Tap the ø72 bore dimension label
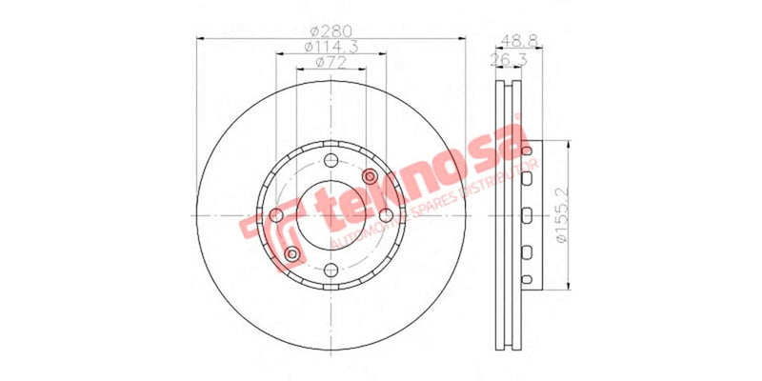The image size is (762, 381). coord(331,64)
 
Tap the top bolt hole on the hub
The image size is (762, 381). coord(331,160)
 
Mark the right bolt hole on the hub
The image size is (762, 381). coord(386,216)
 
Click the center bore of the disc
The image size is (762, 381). coord(331,216)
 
